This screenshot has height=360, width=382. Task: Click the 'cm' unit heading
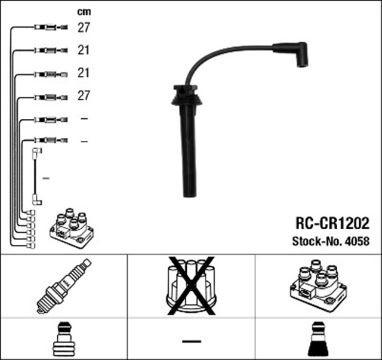(x=84, y=11)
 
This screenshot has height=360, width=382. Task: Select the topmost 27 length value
(x=84, y=27)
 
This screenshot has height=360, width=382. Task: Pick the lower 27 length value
(x=84, y=96)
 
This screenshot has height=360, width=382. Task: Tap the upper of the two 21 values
(x=84, y=50)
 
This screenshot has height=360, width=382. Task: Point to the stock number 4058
(x=357, y=242)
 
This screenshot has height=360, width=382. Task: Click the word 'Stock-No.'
(x=316, y=242)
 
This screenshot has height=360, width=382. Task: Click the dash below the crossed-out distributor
(x=191, y=341)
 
